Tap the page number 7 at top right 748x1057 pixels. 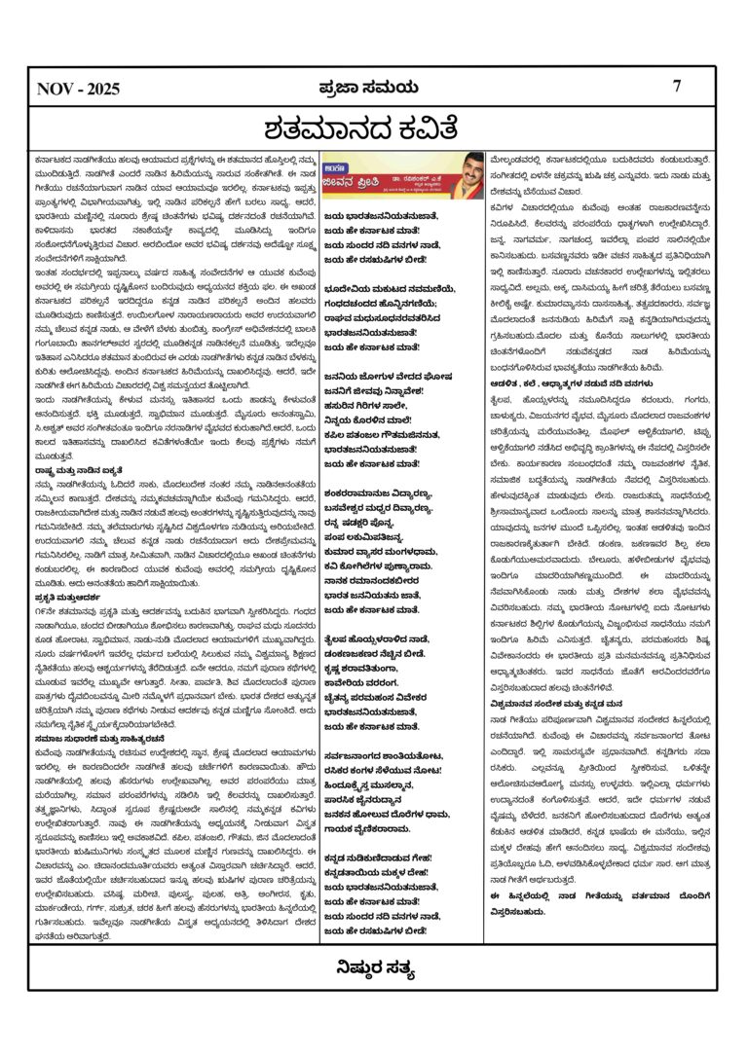[x=677, y=86]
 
